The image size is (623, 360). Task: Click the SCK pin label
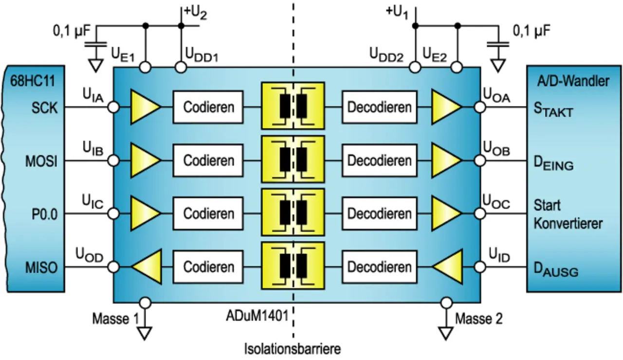coord(45,107)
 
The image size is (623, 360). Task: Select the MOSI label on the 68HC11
coord(41,161)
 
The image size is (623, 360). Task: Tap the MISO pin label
coord(41,268)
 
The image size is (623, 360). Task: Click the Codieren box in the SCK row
coord(209,107)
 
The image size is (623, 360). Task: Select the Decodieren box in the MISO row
coord(379,267)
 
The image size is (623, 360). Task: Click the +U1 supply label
coord(397,13)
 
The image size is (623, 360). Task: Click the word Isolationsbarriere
coord(293,349)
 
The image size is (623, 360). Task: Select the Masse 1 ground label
coord(115,319)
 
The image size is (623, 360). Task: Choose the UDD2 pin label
coord(385,55)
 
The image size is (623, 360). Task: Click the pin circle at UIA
coord(113,107)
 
